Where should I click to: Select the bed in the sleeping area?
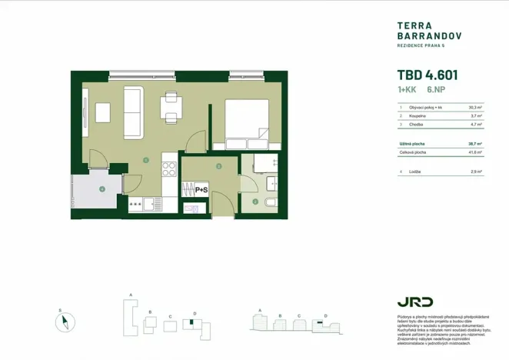pyautogui.click(x=246, y=123)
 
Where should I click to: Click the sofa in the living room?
pyautogui.click(x=132, y=112)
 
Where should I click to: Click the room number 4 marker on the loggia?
pyautogui.click(x=101, y=189)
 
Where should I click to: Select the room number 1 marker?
pyautogui.click(x=145, y=160)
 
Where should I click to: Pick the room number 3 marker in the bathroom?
pyautogui.click(x=255, y=202)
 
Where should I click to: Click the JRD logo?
pyautogui.click(x=414, y=302)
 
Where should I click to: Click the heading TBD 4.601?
pyautogui.click(x=427, y=75)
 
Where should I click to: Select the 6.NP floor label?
pyautogui.click(x=437, y=91)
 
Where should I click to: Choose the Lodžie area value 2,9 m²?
pyautogui.click(x=475, y=172)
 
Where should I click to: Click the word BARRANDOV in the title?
pyautogui.click(x=424, y=35)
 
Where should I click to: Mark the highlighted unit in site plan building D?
pyautogui.click(x=197, y=320)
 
